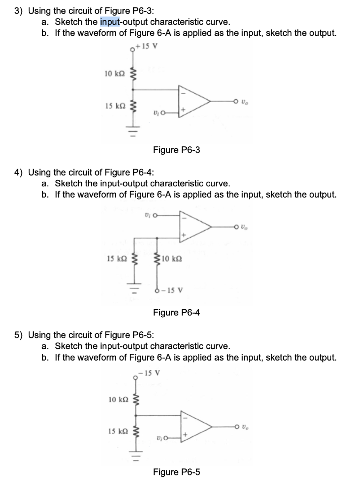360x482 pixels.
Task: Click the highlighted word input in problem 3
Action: point(110,22)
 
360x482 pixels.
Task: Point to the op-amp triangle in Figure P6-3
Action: point(193,100)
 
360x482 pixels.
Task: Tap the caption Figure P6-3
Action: point(176,150)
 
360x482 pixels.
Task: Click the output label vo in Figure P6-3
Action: point(244,100)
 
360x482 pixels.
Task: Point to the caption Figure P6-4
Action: point(176,312)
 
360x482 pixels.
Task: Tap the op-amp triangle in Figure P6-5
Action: point(194,426)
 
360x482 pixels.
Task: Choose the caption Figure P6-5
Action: point(176,472)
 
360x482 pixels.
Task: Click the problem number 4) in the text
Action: point(19,172)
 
